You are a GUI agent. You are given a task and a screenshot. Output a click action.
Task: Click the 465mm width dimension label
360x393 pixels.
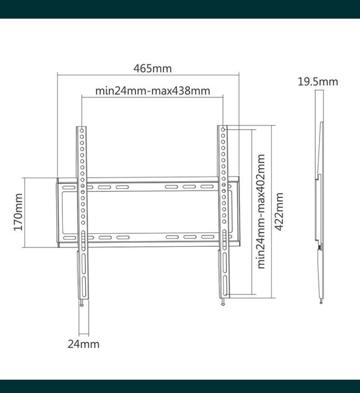[x=152, y=69]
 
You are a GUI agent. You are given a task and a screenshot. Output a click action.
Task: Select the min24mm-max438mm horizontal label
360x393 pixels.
[x=152, y=91]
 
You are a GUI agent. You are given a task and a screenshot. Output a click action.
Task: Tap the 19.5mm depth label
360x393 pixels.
[x=318, y=82]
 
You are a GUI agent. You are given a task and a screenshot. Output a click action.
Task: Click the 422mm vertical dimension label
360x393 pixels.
[x=279, y=212]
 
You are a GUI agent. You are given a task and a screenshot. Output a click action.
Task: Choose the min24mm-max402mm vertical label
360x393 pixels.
[x=261, y=212]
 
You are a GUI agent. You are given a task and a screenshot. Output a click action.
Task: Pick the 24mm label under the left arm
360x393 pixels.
[x=83, y=344]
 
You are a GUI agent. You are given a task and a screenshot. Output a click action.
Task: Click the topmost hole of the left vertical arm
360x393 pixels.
[x=82, y=130]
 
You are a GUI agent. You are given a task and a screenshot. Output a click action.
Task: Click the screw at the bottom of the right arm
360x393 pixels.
[x=224, y=302]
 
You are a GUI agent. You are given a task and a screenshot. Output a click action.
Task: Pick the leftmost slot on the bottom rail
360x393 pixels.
[x=70, y=238]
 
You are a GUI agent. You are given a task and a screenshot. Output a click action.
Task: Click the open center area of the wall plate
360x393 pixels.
[x=152, y=212]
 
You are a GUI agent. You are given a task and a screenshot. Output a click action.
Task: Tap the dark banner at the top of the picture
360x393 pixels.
[x=180, y=9]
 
